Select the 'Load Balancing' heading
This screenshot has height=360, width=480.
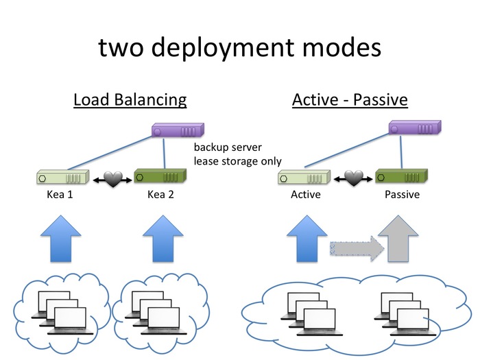(x=130, y=99)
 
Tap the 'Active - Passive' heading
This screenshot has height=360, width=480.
(x=350, y=99)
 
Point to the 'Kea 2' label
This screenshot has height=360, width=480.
(x=162, y=195)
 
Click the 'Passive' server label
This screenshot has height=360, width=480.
(x=402, y=195)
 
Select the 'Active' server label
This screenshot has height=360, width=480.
(x=305, y=195)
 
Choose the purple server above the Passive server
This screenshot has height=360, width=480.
(x=413, y=128)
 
